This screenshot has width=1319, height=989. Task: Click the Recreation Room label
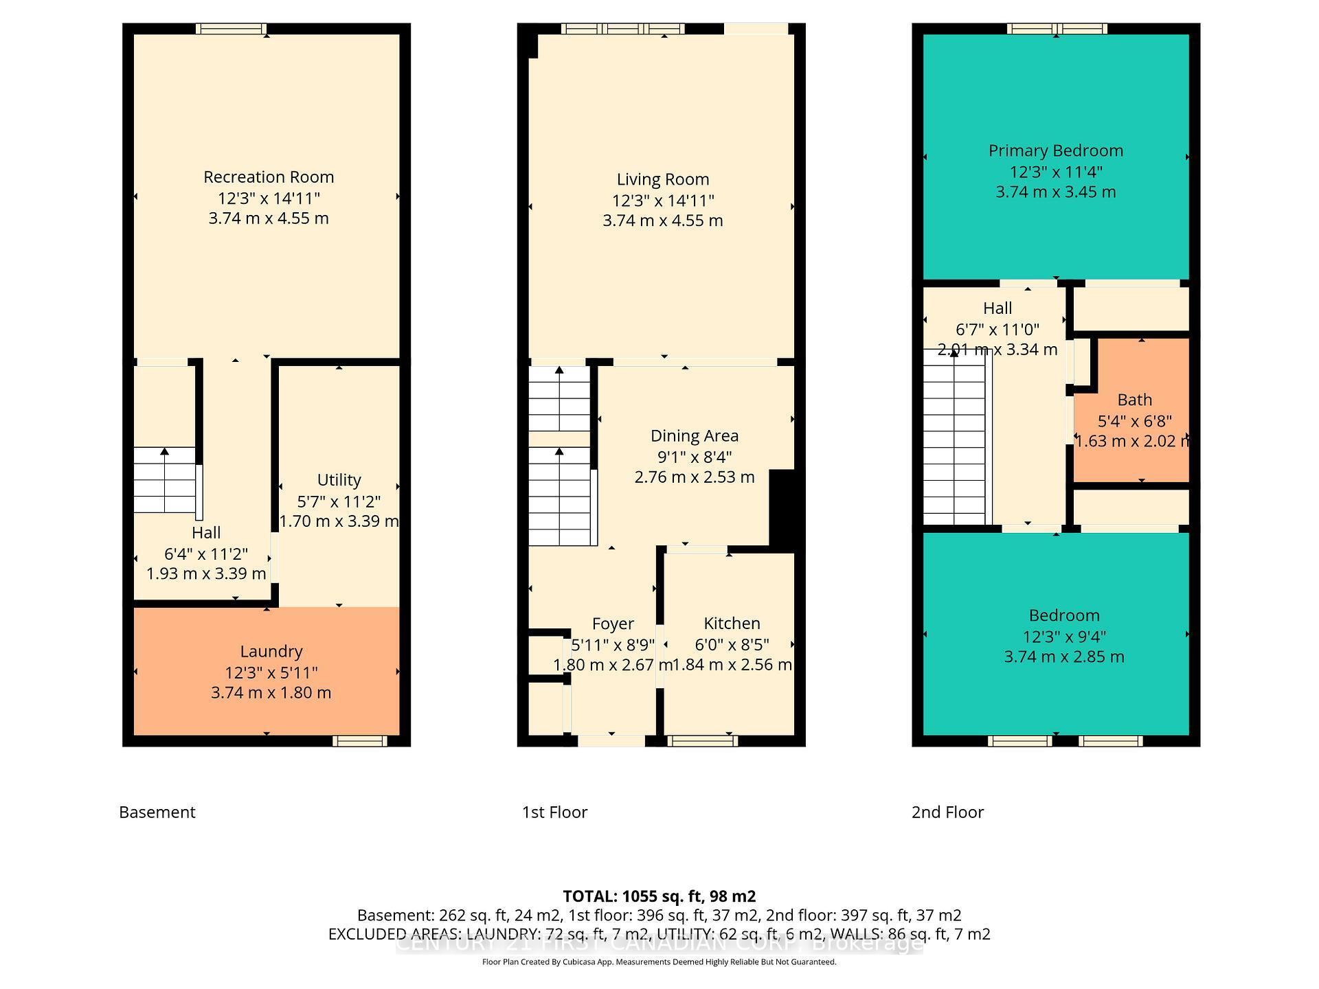269,177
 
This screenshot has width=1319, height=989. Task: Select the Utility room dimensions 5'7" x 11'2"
339,501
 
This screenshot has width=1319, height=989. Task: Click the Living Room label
662,180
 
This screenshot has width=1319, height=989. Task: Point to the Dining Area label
694,436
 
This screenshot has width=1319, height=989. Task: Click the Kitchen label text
732,624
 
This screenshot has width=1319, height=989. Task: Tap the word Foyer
613,624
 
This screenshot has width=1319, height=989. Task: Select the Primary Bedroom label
1055,151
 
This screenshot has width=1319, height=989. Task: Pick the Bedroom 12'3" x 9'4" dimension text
1063,637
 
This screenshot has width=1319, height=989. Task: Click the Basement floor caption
157,812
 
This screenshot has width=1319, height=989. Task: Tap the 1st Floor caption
554,812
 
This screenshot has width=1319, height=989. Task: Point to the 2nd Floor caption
947,812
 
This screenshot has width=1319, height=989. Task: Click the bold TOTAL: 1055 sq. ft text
659,896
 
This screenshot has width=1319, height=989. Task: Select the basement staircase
164,480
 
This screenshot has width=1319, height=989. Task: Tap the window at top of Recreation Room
230,29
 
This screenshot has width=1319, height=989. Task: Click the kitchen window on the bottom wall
702,741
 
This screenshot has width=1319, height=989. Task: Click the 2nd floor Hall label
997,308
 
